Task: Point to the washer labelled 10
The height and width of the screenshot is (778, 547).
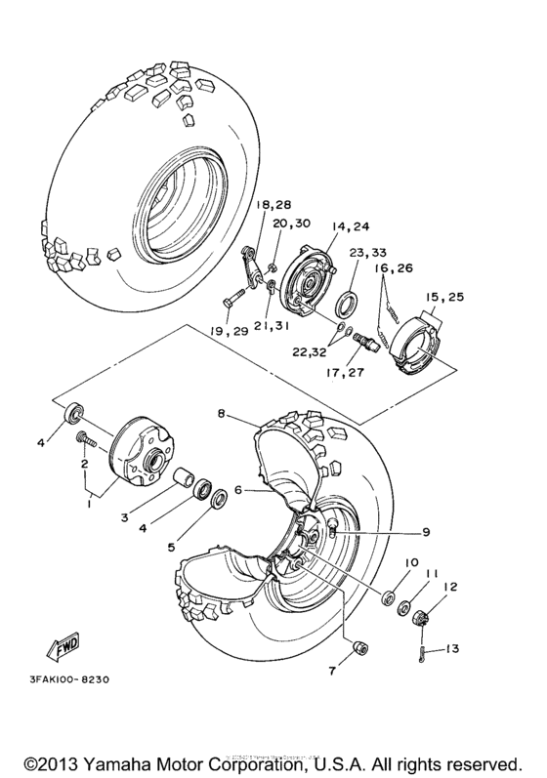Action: (x=389, y=595)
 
